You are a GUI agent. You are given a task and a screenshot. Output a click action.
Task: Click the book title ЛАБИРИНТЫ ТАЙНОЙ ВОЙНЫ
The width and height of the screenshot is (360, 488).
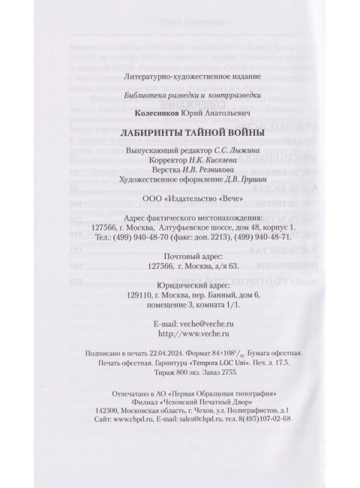[177, 134]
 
